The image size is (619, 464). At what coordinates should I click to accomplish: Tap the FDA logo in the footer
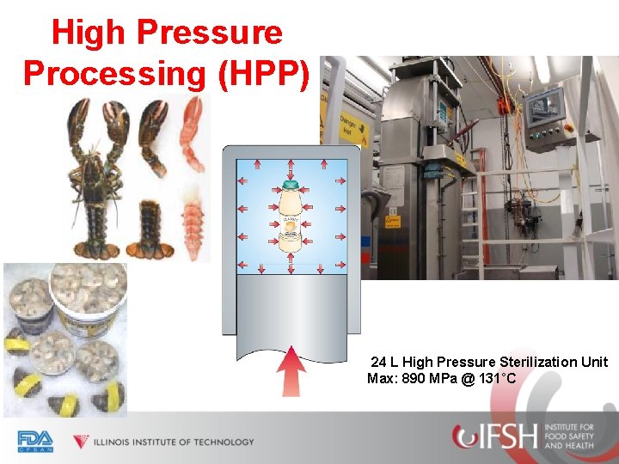coord(35,441)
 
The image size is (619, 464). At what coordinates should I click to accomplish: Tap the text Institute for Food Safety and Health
coord(568,437)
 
